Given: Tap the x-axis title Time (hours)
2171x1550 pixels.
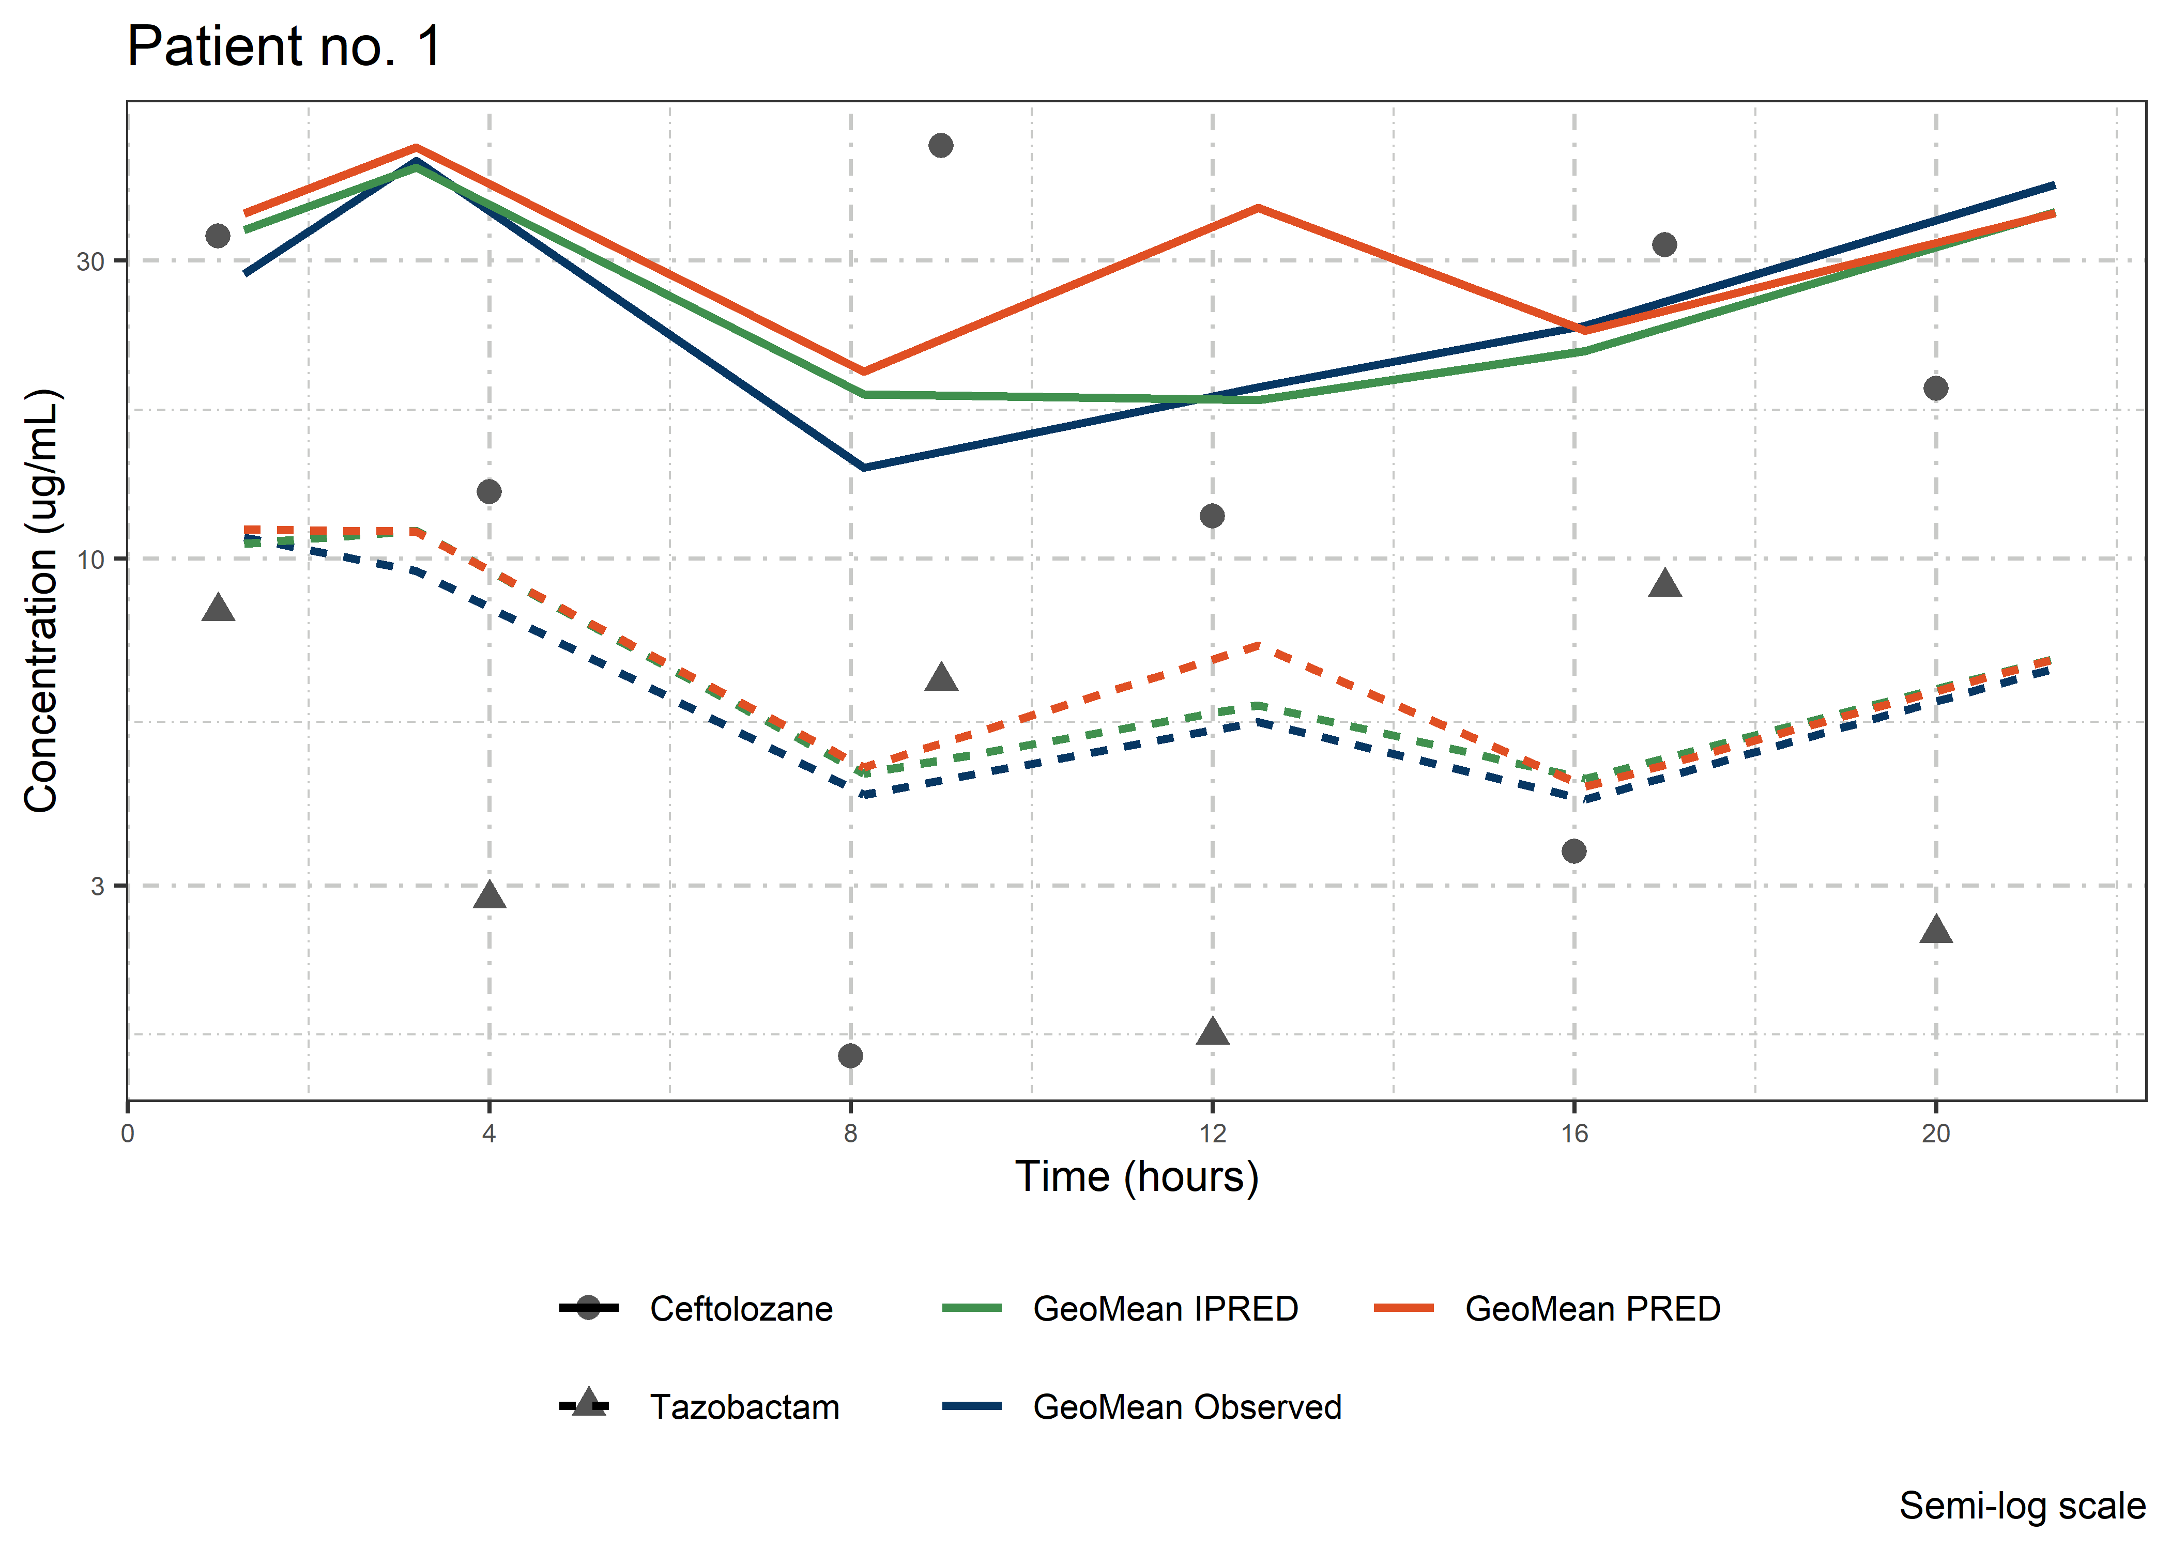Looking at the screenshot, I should tap(1136, 1177).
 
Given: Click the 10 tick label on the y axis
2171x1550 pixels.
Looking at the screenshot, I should tap(90, 560).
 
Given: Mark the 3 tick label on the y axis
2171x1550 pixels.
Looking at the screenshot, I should tap(97, 886).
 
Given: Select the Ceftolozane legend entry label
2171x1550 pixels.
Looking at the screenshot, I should tap(741, 1309).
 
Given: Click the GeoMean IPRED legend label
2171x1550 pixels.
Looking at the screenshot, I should tap(1165, 1309).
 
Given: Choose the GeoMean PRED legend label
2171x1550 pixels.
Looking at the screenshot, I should tap(1593, 1309).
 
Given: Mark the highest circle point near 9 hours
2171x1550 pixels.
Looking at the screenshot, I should tap(940, 145).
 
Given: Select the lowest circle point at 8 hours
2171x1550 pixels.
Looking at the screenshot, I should tap(851, 1056).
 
